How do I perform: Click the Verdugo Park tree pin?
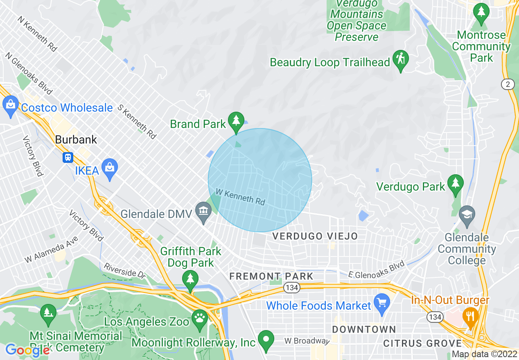(x=455, y=185)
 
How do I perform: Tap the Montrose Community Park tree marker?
(x=481, y=13)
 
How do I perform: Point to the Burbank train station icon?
(x=68, y=157)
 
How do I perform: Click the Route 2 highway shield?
(x=508, y=84)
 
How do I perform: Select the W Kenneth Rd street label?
(x=240, y=197)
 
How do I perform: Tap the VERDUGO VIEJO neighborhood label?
(x=315, y=236)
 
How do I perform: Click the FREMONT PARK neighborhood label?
(x=271, y=276)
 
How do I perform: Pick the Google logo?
(x=27, y=350)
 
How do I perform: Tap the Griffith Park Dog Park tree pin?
(x=190, y=280)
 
